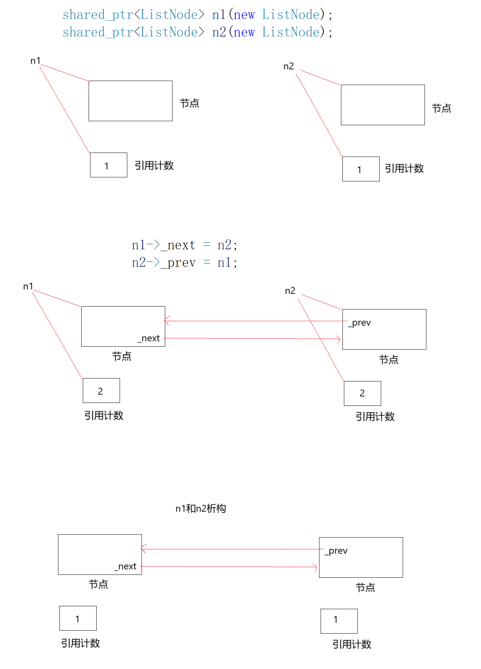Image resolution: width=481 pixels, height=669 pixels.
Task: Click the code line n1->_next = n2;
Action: point(185,245)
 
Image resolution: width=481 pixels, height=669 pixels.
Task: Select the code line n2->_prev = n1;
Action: point(185,262)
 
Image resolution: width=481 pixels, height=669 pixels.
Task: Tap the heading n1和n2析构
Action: point(201,508)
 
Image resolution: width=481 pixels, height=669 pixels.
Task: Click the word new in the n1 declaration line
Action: point(244,15)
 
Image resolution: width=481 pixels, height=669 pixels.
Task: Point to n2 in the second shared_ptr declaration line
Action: point(219,32)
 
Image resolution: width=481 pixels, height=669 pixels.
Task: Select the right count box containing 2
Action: point(362,393)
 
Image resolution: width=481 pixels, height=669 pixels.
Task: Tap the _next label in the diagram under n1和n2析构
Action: point(126,566)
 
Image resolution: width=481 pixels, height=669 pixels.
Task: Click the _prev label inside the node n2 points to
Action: point(360,323)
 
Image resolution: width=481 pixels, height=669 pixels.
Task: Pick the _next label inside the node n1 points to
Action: point(149,338)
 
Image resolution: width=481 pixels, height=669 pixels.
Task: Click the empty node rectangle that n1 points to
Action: point(130,101)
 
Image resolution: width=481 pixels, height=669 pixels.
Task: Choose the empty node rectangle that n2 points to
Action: point(383,105)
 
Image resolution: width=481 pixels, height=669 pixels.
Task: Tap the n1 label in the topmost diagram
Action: point(35,61)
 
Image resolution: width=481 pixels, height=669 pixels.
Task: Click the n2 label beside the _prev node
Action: point(290,291)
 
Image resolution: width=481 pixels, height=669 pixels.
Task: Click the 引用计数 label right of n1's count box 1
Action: point(154,165)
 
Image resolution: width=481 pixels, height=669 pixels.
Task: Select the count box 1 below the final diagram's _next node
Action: point(78,618)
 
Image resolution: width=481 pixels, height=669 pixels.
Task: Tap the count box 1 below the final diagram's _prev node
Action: point(339,621)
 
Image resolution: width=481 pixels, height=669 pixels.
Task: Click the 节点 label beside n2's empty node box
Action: point(441,108)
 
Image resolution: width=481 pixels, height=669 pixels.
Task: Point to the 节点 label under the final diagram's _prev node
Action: point(365,588)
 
